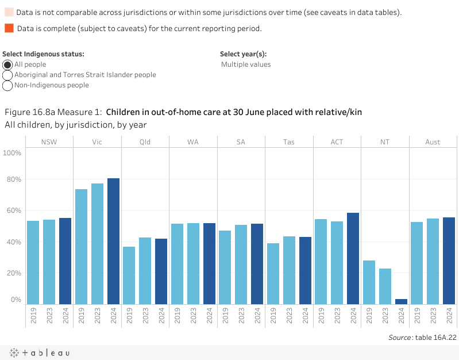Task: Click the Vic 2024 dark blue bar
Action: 113,241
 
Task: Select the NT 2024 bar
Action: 401,301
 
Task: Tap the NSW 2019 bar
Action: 33,262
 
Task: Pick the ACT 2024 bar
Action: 353,258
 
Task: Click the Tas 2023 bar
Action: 289,270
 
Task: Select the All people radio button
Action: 7,65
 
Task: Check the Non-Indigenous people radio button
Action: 7,86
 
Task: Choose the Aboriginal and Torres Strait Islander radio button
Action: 7,75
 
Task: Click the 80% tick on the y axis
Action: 13,179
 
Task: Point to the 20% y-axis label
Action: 13,273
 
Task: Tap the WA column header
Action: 193,142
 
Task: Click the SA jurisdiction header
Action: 241,142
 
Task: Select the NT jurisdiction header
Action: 385,142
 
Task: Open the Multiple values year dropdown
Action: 246,64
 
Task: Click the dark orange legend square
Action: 9,28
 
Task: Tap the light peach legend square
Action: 9,12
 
